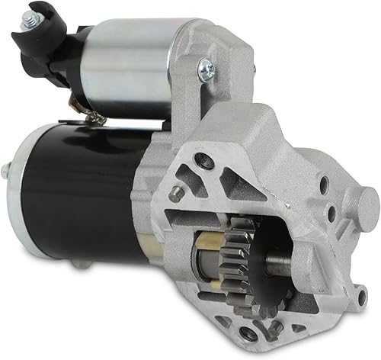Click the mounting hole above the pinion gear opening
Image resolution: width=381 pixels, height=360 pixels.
(x=203, y=160)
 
